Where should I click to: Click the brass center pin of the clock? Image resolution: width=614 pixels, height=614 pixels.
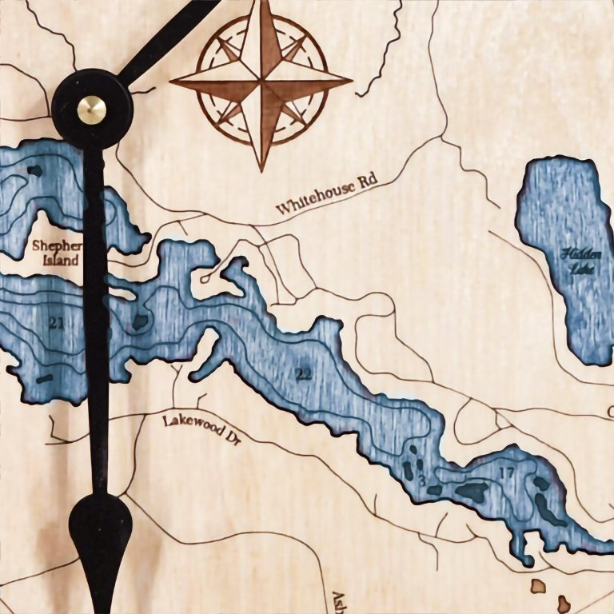tap(90, 108)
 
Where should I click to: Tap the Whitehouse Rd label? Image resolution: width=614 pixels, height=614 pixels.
tap(326, 194)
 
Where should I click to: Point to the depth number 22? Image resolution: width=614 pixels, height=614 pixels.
tap(305, 373)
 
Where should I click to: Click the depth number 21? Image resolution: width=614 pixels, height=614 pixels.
tap(56, 323)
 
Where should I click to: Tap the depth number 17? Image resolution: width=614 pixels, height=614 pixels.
tap(506, 472)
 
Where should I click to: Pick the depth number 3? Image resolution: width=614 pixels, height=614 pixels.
tap(422, 480)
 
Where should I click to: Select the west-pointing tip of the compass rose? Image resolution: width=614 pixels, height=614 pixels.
tap(171, 80)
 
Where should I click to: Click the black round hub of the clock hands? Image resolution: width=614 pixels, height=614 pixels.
tap(90, 108)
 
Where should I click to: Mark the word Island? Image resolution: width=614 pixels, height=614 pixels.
tap(61, 261)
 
